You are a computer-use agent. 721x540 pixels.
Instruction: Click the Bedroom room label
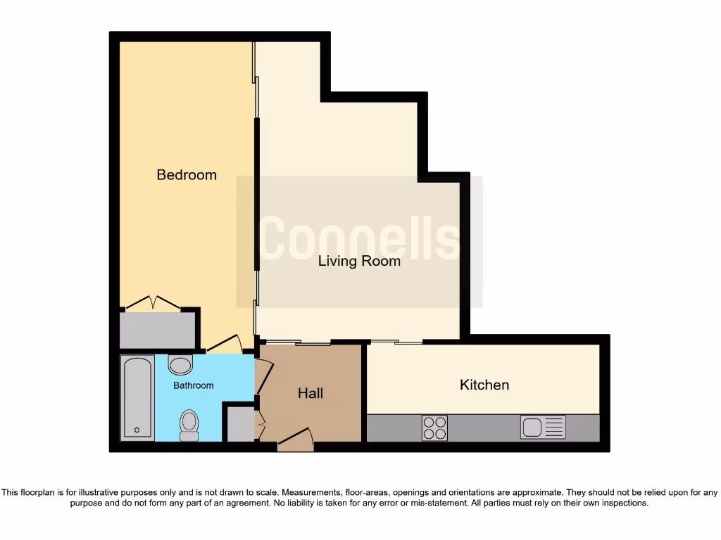tap(187, 175)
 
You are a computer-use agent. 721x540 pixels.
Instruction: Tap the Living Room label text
tap(359, 262)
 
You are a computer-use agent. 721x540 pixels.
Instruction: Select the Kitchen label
tap(484, 385)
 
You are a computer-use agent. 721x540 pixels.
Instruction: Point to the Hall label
tap(311, 393)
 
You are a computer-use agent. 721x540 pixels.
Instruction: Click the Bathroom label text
tap(194, 385)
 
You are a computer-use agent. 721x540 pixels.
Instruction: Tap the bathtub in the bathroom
tap(137, 397)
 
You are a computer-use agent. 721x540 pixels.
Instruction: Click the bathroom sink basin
tap(181, 365)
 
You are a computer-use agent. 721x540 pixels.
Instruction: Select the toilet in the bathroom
tap(189, 425)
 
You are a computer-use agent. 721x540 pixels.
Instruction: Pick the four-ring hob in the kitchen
tap(434, 427)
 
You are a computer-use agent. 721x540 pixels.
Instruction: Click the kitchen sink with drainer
tap(543, 427)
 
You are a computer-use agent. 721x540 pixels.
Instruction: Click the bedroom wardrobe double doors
tap(152, 304)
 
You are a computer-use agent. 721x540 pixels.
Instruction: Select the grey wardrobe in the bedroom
tap(156, 329)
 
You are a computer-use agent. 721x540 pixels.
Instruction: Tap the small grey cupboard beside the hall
tap(239, 423)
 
